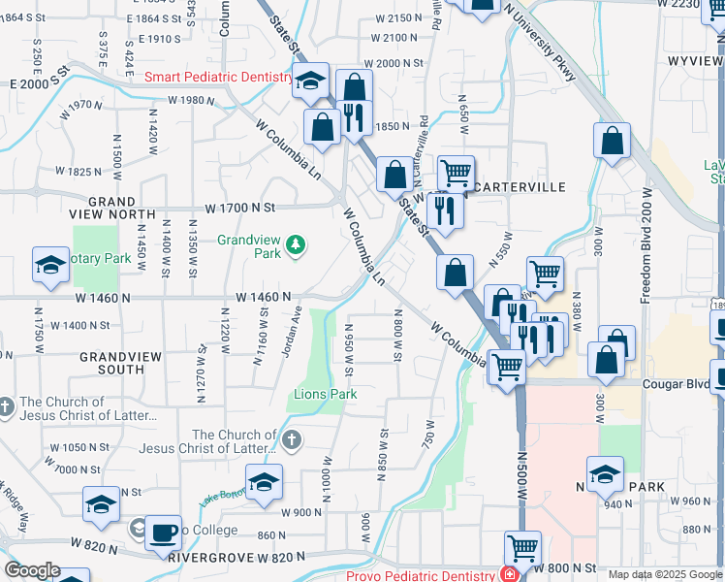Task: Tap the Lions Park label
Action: (326, 394)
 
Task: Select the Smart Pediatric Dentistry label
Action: (218, 77)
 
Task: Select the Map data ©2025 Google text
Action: (665, 574)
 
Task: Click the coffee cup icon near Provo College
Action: (164, 533)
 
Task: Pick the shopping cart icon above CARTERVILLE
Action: (456, 173)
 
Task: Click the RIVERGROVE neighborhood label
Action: (203, 558)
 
